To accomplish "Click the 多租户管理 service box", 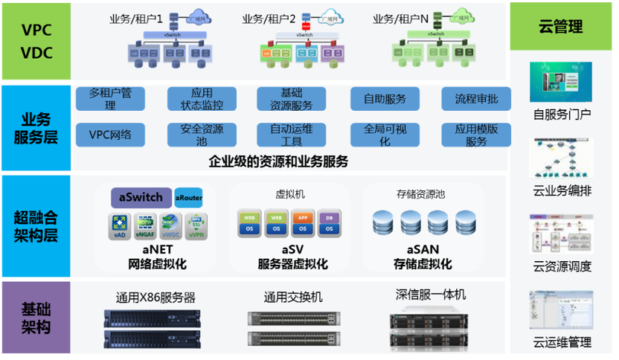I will (111, 99).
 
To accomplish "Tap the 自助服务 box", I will (385, 99).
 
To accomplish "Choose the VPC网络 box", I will (111, 135).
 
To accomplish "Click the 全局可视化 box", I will (385, 135).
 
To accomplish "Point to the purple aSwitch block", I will (142, 198).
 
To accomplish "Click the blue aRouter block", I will (189, 199).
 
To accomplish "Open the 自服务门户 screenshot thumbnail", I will (561, 82).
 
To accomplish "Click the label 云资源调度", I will (562, 266).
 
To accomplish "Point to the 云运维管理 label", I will (562, 342).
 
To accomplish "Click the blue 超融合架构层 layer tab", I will (36, 228).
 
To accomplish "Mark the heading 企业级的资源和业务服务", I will (278, 161).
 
